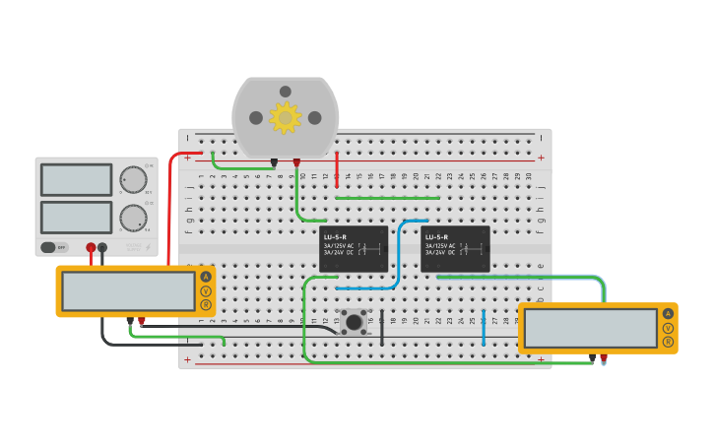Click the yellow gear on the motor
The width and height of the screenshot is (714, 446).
(286, 118)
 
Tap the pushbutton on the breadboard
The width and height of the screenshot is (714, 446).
(353, 321)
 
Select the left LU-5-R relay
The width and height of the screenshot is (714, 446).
(354, 249)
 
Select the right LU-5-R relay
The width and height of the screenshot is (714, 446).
(455, 249)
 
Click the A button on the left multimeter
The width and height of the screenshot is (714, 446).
(206, 277)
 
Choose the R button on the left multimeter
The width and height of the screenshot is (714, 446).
(206, 304)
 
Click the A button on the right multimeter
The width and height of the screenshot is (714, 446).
(668, 314)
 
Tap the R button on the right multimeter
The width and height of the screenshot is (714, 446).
(668, 342)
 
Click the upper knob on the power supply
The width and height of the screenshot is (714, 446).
(132, 179)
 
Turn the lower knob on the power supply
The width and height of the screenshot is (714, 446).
(132, 218)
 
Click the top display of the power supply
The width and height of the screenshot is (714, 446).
(76, 179)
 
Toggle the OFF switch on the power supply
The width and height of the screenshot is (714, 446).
(55, 247)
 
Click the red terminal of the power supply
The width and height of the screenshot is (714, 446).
(91, 247)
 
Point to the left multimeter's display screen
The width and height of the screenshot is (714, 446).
(129, 290)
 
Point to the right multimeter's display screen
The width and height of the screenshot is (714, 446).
(591, 328)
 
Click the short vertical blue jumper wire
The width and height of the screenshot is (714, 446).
(484, 328)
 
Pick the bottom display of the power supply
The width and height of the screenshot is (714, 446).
(76, 217)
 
